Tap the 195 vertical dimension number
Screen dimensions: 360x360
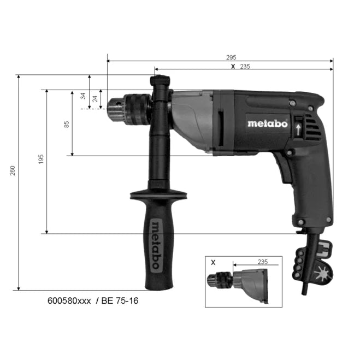coord(42,158)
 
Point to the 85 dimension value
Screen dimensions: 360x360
coord(67,124)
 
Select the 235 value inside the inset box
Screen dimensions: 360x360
coord(263,262)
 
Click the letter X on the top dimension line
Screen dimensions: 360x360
coord(233,66)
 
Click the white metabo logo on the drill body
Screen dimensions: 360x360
coord(267,123)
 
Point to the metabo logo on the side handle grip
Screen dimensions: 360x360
coord(155,245)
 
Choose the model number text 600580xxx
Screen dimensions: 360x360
coord(69,301)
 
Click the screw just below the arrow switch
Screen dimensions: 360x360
coord(299,146)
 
